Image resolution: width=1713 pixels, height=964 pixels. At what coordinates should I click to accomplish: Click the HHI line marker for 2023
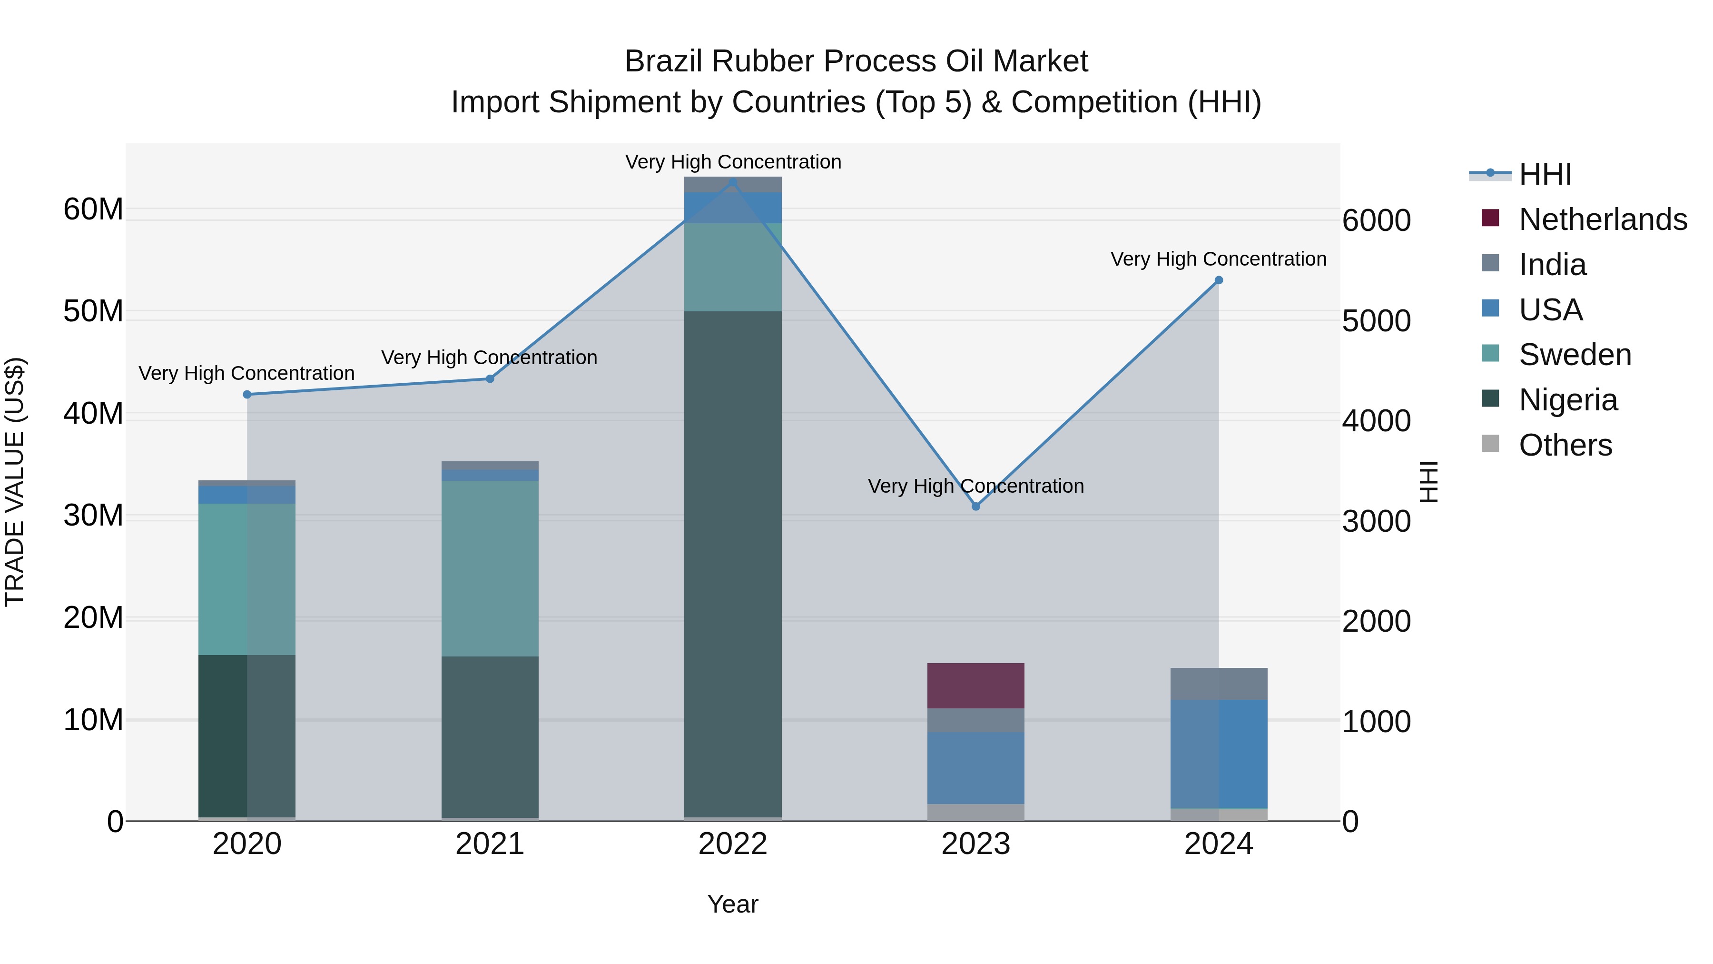975,507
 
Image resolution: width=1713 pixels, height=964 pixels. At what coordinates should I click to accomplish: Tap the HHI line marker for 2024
1218,280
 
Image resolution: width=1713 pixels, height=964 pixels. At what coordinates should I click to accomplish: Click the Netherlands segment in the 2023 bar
975,686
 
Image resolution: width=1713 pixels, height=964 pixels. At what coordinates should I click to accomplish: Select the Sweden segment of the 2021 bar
490,569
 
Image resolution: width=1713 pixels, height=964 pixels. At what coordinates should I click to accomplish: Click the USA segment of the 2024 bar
1218,754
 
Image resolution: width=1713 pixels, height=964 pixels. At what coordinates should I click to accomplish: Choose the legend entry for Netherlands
1603,219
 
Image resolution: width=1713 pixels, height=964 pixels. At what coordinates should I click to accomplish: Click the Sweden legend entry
1575,355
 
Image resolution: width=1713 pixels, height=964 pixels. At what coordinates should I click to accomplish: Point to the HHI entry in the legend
1545,174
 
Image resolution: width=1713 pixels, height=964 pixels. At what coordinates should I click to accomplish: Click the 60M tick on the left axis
93,209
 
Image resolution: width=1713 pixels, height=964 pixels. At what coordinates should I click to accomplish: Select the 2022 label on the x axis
733,844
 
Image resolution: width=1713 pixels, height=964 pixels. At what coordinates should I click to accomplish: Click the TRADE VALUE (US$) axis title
15,482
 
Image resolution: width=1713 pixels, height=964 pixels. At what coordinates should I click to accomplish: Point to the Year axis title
733,904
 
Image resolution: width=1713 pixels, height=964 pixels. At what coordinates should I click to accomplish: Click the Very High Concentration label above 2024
1218,259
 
